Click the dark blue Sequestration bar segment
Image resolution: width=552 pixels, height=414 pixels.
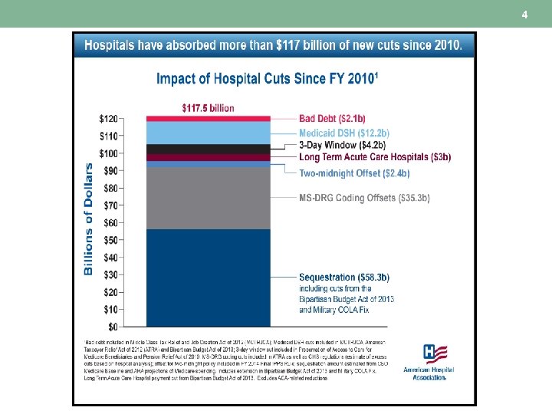(x=207, y=278)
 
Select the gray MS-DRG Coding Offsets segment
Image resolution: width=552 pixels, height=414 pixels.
(x=207, y=198)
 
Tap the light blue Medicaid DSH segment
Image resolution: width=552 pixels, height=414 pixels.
(x=207, y=133)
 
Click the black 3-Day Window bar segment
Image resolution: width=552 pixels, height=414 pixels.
(x=207, y=149)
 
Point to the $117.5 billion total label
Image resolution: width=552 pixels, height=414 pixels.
(x=208, y=108)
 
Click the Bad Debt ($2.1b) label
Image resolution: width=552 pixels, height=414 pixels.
(x=332, y=119)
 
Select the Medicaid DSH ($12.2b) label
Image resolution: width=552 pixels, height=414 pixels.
(x=344, y=133)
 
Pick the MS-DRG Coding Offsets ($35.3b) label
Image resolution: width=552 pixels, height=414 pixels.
(x=364, y=198)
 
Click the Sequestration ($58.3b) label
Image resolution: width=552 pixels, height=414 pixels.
(x=344, y=277)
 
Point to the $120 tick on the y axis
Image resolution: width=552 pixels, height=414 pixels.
(x=108, y=119)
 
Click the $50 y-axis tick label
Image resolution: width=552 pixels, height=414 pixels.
(x=111, y=240)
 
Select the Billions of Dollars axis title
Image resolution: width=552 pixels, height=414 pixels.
(x=88, y=219)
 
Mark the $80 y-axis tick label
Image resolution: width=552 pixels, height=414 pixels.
(x=111, y=188)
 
